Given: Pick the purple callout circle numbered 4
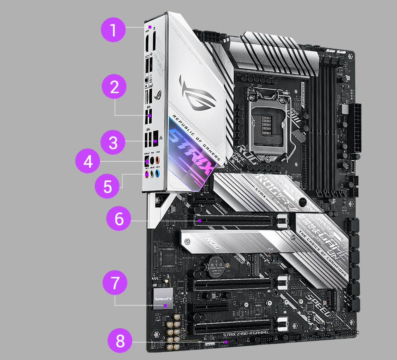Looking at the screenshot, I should tap(88, 162).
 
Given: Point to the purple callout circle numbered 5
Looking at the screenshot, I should tap(108, 186).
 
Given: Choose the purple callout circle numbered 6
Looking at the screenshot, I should tap(119, 218).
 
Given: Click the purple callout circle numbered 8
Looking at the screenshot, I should tap(120, 341).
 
